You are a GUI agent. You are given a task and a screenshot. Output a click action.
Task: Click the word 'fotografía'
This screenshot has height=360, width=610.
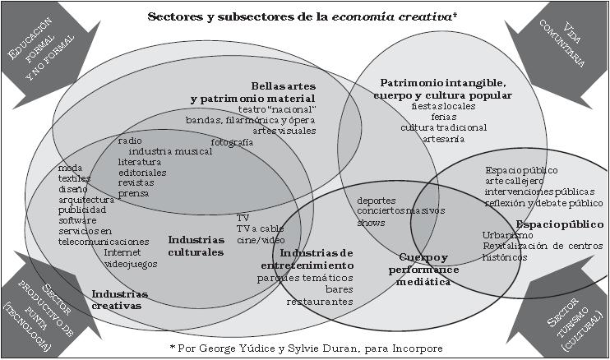tap(232, 142)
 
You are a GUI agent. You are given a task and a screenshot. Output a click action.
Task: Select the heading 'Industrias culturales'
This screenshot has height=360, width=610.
tap(196, 246)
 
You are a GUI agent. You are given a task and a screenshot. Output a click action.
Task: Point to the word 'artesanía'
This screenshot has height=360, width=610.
tap(443, 139)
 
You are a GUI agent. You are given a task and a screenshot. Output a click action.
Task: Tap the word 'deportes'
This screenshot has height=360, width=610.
tap(377, 200)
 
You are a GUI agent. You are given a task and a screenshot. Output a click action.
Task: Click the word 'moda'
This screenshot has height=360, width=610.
tap(71, 168)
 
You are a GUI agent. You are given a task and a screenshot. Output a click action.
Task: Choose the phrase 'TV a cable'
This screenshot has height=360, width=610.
tap(260, 228)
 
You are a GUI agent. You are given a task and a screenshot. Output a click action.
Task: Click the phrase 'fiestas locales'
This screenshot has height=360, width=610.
tap(443, 107)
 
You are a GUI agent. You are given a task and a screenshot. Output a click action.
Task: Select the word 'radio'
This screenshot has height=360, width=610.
tap(130, 141)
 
